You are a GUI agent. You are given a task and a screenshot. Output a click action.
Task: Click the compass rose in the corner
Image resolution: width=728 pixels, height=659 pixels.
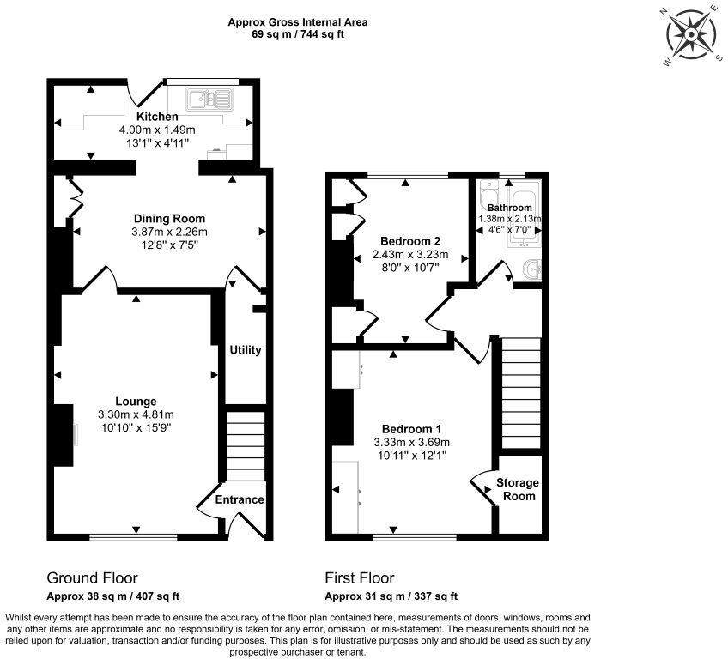(691, 35)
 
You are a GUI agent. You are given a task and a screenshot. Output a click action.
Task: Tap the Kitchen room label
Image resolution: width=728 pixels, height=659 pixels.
(157, 117)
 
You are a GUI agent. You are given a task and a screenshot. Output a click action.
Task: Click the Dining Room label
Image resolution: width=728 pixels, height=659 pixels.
(169, 219)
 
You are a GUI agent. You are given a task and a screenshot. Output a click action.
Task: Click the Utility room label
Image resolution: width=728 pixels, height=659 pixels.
(245, 350)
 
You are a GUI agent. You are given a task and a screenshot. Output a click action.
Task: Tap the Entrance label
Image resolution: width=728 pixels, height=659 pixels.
(240, 499)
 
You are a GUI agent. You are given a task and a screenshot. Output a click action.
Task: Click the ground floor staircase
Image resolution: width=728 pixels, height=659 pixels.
(245, 446)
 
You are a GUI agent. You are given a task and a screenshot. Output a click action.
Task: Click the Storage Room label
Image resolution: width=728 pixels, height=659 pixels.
(519, 490)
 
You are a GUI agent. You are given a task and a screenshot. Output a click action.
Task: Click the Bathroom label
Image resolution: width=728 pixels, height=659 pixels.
(509, 208)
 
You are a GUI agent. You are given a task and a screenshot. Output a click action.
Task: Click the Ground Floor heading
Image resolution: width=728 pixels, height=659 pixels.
(92, 578)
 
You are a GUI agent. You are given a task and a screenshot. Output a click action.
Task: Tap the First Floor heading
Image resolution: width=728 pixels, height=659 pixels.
(360, 578)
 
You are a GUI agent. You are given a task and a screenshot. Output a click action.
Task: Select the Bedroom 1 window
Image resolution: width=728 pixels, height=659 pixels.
(416, 538)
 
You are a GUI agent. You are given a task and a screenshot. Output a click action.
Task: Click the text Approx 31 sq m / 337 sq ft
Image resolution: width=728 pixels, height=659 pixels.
(391, 596)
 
